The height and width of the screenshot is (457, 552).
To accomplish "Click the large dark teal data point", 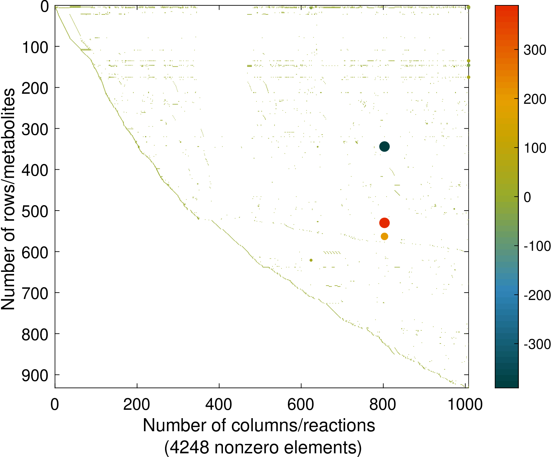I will tap(384, 147).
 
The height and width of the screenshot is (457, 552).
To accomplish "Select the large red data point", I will tap(384, 223).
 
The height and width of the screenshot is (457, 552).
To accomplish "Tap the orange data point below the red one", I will tap(384, 236).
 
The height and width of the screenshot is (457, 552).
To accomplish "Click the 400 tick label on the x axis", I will tap(219, 404).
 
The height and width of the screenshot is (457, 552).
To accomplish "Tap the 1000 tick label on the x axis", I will tap(465, 404).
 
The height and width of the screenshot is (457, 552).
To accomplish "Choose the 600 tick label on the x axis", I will tap(301, 404).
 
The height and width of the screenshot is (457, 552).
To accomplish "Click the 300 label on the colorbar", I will tap(535, 50).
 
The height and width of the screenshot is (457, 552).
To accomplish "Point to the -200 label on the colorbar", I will tap(537, 295).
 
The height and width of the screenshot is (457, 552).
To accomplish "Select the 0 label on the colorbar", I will tap(527, 198).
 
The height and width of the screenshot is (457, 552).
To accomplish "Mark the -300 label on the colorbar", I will tap(537, 344).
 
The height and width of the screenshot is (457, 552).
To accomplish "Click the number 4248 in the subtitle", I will tap(189, 447).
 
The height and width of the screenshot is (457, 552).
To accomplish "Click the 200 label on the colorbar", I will tap(535, 99).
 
